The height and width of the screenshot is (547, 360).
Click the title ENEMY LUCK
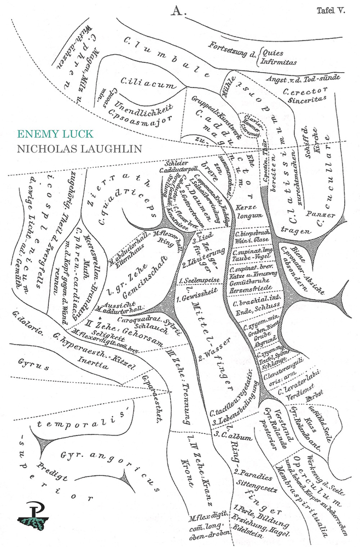click(x=55, y=134)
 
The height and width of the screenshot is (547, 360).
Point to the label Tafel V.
click(x=330, y=10)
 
